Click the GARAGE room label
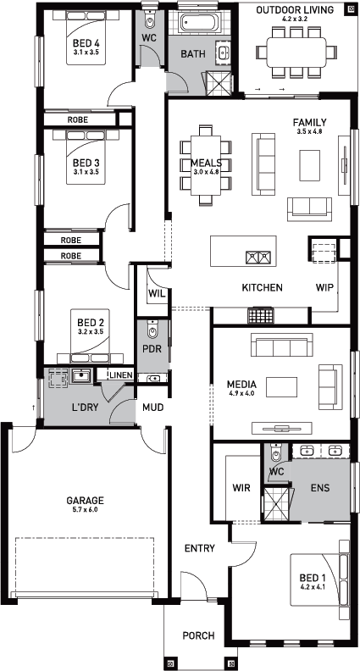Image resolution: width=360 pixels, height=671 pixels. (86, 500)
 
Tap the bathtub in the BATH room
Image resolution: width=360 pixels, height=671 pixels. (201, 22)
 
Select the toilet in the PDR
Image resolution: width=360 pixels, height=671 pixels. (152, 330)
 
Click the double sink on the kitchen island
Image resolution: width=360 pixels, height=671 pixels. (258, 257)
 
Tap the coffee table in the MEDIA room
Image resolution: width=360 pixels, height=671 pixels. (282, 387)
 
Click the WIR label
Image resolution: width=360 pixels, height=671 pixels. (241, 487)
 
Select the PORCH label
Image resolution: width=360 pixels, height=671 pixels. (198, 636)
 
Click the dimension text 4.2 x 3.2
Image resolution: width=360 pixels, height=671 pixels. (295, 19)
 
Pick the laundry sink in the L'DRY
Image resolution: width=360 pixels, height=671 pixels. (80, 376)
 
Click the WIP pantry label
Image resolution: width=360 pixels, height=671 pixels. (324, 287)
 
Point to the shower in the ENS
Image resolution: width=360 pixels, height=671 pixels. (276, 504)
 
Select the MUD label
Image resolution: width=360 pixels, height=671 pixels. (152, 408)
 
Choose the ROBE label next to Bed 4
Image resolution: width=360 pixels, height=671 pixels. (77, 120)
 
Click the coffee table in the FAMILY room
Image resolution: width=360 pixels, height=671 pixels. (309, 165)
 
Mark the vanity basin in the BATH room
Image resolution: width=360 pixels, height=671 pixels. (223, 53)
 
